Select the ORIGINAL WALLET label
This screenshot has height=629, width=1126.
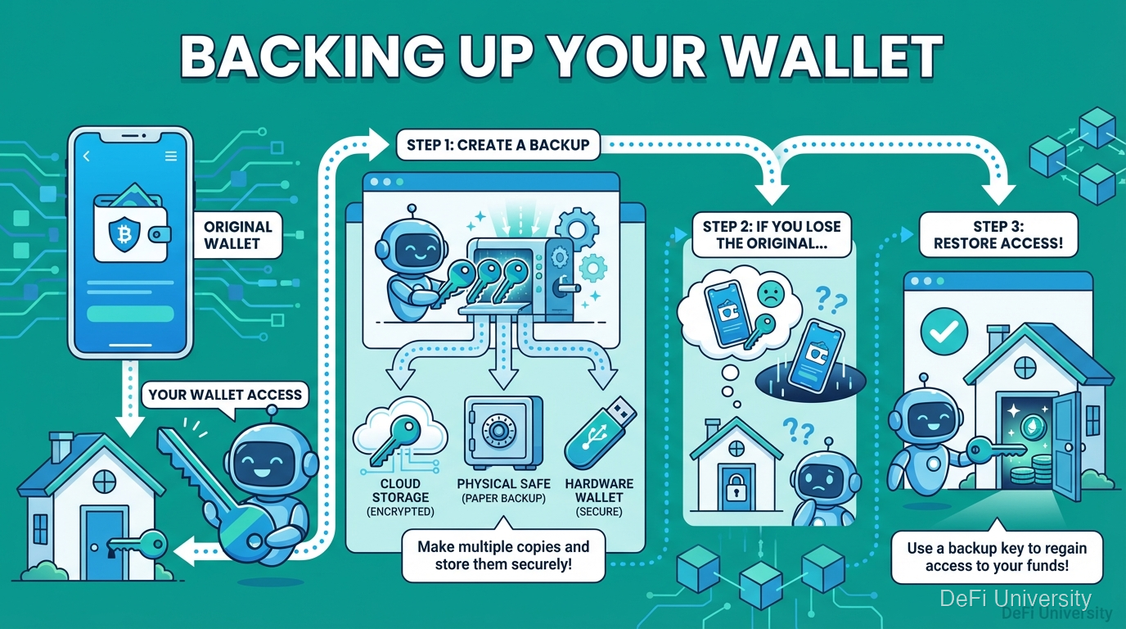tap(237, 235)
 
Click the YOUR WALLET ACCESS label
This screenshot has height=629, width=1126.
tap(225, 395)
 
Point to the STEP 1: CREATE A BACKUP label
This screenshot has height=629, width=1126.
tap(498, 145)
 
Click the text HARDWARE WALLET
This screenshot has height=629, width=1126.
tap(599, 491)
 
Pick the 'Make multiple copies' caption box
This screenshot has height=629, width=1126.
tap(502, 554)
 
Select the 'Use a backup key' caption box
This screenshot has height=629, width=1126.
tap(997, 557)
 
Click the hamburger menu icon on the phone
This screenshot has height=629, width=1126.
tap(170, 156)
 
